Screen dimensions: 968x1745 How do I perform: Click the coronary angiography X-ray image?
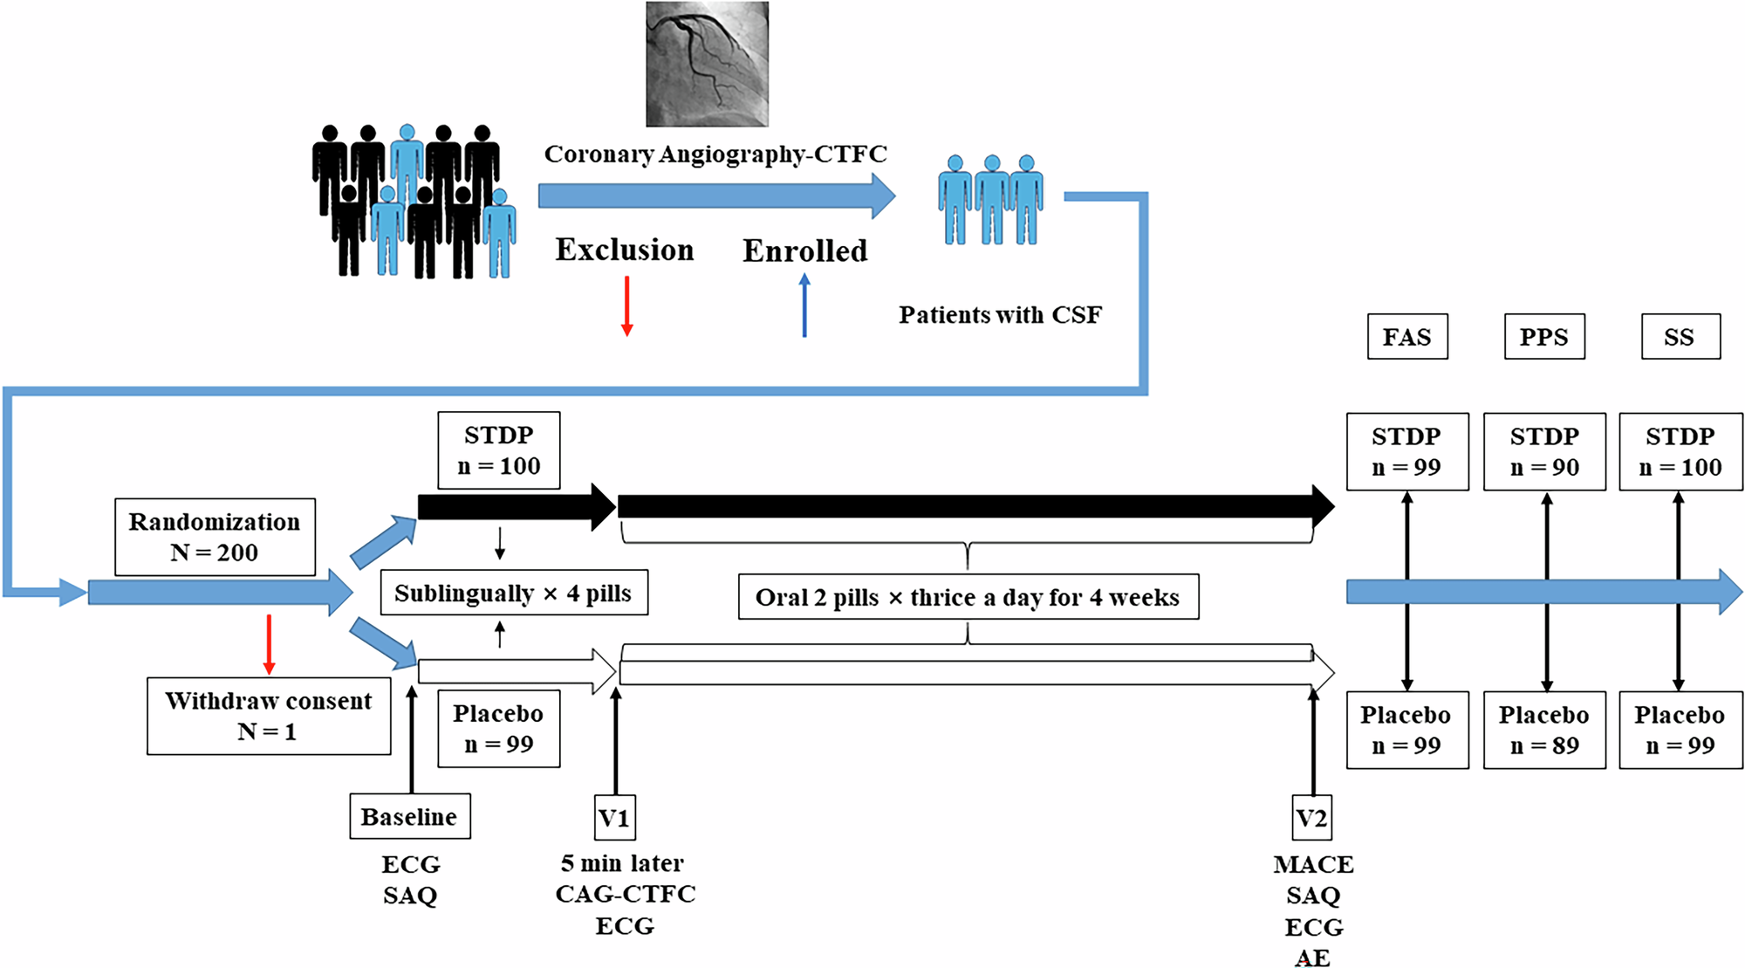(707, 64)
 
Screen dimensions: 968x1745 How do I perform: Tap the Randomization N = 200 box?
(215, 537)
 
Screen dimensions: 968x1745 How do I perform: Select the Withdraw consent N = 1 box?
(269, 716)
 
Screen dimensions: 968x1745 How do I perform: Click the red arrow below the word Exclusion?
(626, 306)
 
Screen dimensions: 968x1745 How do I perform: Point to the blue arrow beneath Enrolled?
(804, 306)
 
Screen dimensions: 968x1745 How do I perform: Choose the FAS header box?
(1407, 337)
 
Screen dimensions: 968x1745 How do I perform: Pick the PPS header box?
(1544, 337)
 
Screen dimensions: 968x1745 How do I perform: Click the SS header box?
(1680, 337)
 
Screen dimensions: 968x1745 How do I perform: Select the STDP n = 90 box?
(1544, 451)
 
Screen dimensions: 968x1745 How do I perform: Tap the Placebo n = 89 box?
(1544, 730)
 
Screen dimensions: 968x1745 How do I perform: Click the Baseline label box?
(410, 816)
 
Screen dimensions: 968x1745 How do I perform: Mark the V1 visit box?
(614, 818)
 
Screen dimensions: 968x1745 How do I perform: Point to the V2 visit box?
(1311, 818)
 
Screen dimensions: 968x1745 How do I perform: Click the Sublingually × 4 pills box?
(514, 594)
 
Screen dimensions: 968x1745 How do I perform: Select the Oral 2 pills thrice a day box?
(968, 597)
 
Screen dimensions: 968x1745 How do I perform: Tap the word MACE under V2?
(1313, 864)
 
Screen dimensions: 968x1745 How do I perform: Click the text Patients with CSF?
(1000, 315)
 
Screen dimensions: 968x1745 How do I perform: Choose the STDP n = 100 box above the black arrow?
(499, 450)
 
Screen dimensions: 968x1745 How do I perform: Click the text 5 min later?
(622, 863)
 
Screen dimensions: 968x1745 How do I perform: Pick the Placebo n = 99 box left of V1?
(499, 729)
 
